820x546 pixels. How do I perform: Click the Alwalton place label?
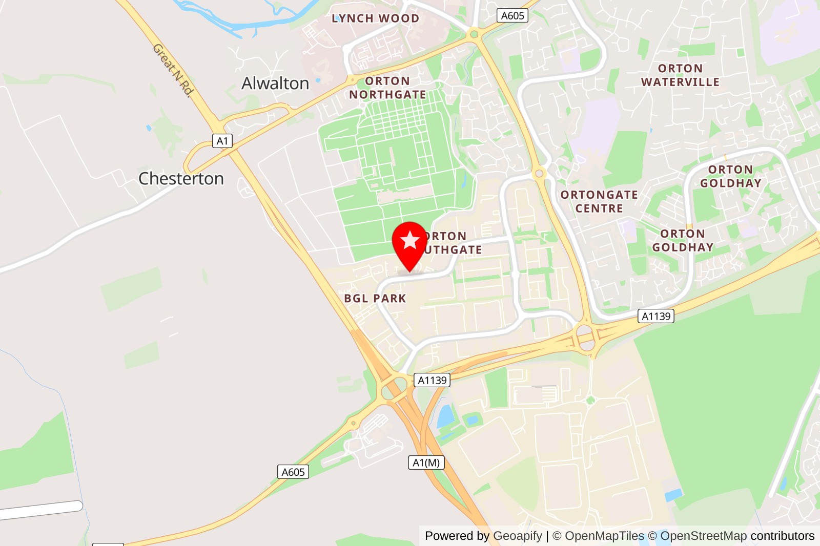[x=275, y=83]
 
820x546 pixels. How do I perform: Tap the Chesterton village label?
[x=181, y=178]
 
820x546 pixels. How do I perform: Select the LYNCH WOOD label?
[x=375, y=18]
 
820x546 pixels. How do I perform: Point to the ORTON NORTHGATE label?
[x=387, y=88]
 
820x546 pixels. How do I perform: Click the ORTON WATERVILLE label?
[x=680, y=75]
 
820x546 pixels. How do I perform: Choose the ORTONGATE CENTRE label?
[x=599, y=201]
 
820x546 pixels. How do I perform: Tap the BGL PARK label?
[x=375, y=298]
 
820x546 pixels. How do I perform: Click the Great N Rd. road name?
[x=173, y=70]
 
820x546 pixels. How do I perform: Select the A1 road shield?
[x=222, y=141]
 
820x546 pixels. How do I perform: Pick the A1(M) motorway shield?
[x=426, y=463]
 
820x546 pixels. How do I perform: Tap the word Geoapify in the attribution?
[x=517, y=536]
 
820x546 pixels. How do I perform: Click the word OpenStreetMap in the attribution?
[x=703, y=536]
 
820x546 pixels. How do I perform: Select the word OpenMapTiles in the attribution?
[x=604, y=536]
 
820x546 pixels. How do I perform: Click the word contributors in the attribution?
[x=782, y=536]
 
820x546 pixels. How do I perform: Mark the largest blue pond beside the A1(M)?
[x=445, y=416]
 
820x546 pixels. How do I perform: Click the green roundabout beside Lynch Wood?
[x=474, y=34]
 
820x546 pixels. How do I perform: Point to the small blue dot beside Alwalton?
[x=318, y=80]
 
